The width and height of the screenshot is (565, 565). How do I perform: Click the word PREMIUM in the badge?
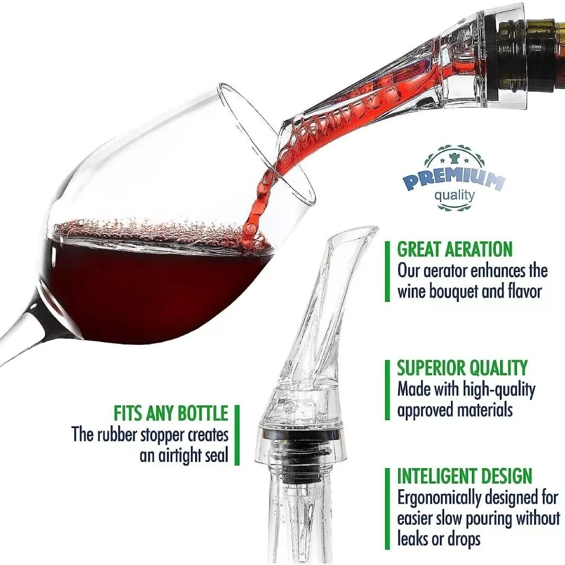tap(453, 180)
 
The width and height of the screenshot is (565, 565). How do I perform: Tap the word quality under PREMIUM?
tap(455, 196)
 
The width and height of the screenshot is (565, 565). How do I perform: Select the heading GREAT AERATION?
tap(455, 249)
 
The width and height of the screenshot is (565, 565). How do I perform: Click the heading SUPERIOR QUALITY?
tap(462, 368)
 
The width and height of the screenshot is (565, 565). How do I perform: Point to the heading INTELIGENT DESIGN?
tap(465, 476)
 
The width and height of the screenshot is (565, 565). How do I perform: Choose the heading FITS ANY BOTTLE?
tap(171, 413)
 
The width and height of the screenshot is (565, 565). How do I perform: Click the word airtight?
tap(176, 455)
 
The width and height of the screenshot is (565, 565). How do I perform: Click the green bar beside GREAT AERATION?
tap(388, 270)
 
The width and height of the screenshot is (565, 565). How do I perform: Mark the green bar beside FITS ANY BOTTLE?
tap(237, 435)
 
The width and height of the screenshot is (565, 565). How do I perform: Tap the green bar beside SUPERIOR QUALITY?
tap(388, 389)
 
